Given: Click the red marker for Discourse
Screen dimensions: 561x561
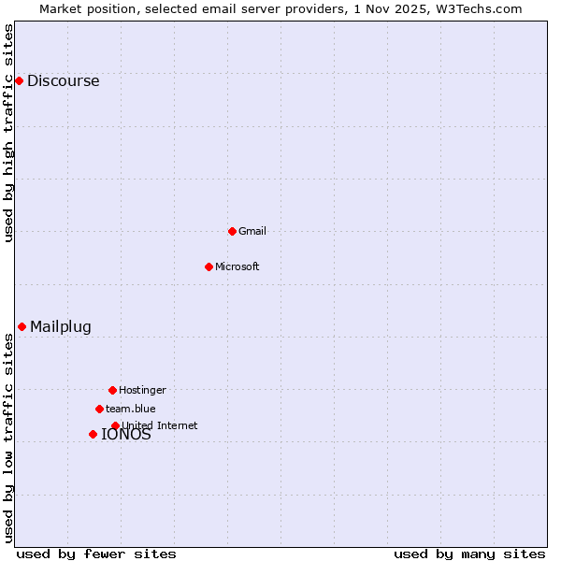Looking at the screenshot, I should tap(19, 80).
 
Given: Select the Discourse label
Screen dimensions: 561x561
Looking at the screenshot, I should tap(63, 80).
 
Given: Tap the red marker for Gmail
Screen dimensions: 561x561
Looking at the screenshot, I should tap(232, 231).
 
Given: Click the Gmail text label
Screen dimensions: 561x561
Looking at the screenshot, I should tap(252, 231).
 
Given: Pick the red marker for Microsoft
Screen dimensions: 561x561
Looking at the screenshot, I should tap(209, 266).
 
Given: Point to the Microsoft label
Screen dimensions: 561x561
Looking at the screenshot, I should tap(237, 266).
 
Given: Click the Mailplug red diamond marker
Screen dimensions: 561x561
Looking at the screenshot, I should tap(22, 326).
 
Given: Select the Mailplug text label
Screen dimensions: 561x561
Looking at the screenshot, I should tap(61, 326).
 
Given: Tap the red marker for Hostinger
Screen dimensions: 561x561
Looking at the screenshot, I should tap(112, 390).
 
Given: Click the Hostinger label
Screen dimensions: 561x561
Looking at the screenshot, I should tap(142, 390).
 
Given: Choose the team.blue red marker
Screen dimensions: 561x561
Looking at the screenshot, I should tap(99, 409).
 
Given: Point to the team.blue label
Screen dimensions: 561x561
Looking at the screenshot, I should tap(131, 409).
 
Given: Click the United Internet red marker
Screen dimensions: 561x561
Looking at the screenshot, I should tap(115, 425).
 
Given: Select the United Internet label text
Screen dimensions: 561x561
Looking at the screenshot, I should tap(160, 425).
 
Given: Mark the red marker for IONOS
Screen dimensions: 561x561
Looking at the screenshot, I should tap(93, 434).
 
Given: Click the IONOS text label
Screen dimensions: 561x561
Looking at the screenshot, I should tap(126, 435).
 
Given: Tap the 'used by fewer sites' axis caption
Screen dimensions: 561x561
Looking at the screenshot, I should tap(96, 554).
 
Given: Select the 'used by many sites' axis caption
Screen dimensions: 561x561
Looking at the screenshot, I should tap(469, 554).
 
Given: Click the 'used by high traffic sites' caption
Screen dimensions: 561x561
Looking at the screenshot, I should tap(8, 133).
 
